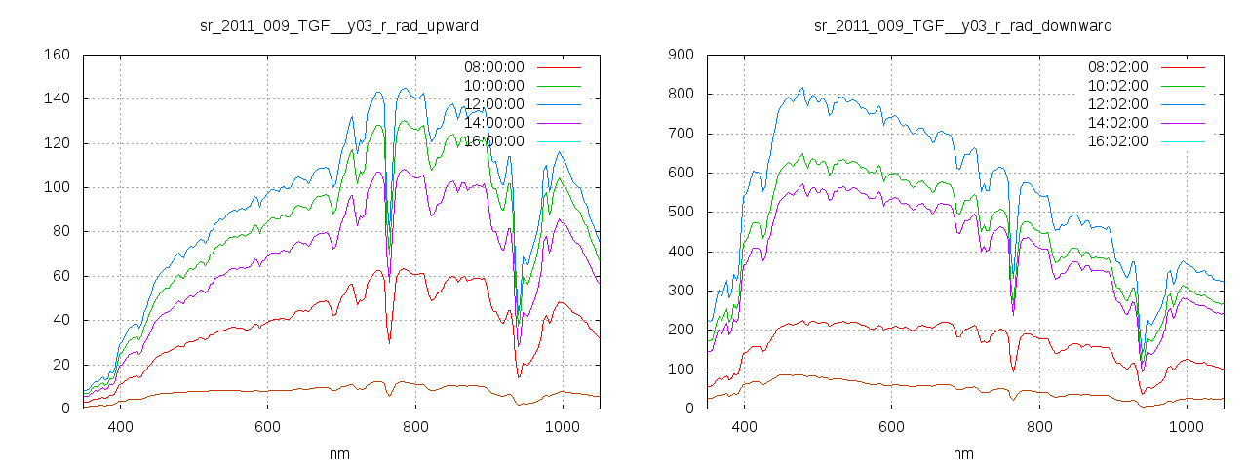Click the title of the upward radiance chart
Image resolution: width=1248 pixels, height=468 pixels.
pyautogui.click(x=338, y=25)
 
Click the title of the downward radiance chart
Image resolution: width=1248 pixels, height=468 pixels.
pyautogui.click(x=962, y=25)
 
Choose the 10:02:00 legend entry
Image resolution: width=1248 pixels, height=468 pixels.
pyautogui.click(x=1116, y=86)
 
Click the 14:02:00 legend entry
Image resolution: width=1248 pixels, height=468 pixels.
pyautogui.click(x=1116, y=123)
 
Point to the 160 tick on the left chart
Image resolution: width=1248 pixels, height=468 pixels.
pyautogui.click(x=57, y=55)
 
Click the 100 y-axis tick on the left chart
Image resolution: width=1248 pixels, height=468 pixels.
pyautogui.click(x=57, y=187)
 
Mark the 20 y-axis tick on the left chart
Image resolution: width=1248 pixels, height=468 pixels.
pyautogui.click(x=60, y=365)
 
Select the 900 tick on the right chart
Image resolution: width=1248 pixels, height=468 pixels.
pyautogui.click(x=681, y=55)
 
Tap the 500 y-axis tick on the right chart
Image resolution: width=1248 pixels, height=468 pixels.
pyautogui.click(x=681, y=212)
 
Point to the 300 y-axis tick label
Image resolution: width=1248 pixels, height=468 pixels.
pyautogui.click(x=681, y=291)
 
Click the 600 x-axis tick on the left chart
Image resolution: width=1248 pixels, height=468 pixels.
pyautogui.click(x=268, y=427)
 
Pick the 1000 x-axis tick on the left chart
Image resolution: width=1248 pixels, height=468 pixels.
pyautogui.click(x=563, y=427)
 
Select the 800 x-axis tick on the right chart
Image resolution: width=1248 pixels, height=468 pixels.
pyautogui.click(x=1039, y=427)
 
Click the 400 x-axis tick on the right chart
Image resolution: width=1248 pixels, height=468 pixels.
pyautogui.click(x=744, y=427)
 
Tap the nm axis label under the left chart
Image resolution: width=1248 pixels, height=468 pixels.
pyautogui.click(x=338, y=454)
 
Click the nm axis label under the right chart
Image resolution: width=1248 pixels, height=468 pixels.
pyautogui.click(x=962, y=454)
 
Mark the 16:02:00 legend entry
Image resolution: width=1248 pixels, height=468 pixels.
pyautogui.click(x=1116, y=141)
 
